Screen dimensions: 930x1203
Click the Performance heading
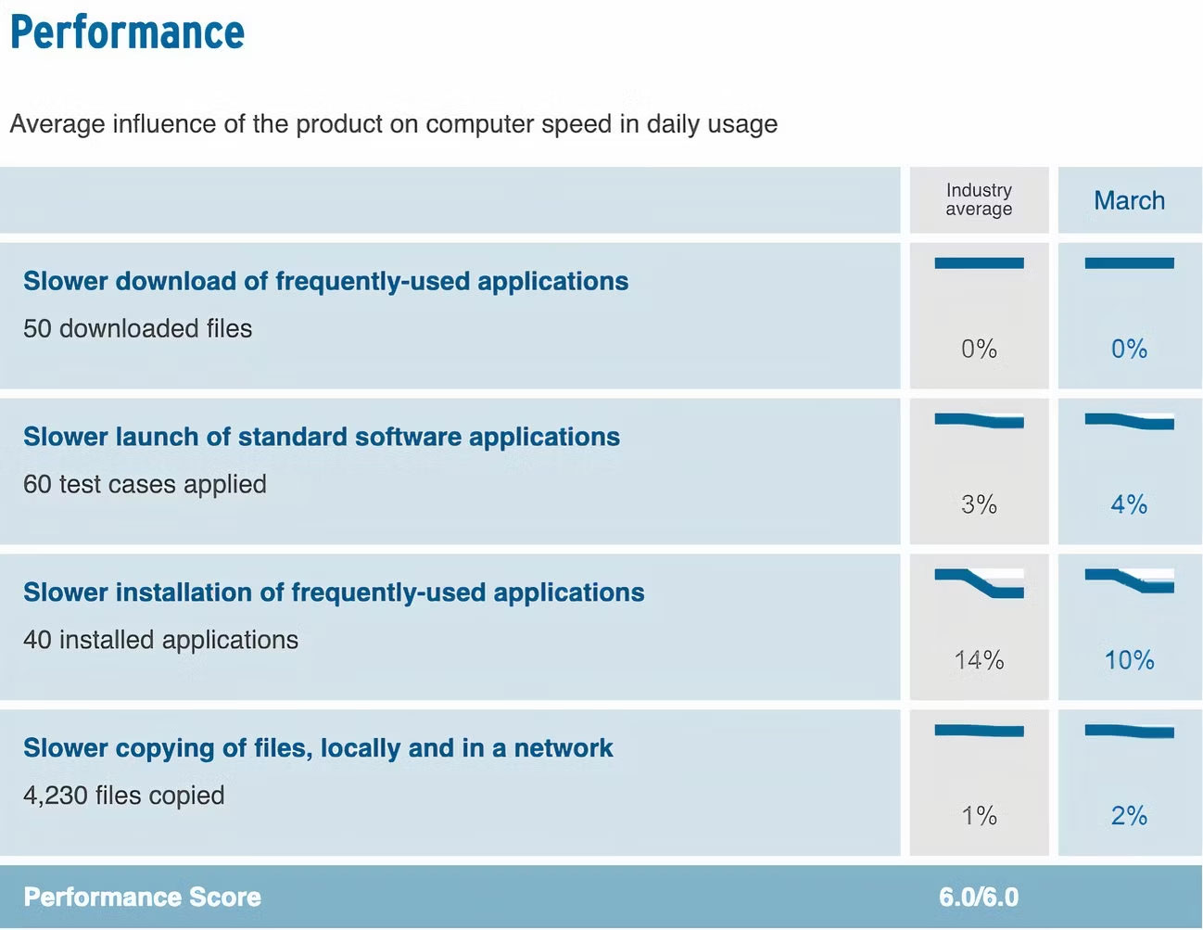point(127,32)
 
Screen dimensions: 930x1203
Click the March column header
point(1129,200)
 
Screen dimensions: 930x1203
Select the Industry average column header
point(979,199)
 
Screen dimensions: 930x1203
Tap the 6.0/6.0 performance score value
point(978,898)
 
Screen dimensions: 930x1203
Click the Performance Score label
point(142,898)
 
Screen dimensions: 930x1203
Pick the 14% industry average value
point(979,660)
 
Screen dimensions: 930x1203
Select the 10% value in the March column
point(1129,660)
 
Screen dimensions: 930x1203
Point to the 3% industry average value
point(979,504)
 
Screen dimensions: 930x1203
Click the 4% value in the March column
point(1129,504)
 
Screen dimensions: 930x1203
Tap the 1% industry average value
point(979,816)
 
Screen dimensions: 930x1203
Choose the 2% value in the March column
point(1129,816)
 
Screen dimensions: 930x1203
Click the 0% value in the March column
point(1129,349)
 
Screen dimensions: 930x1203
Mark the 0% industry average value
point(979,349)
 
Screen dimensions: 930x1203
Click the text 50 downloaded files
point(137,328)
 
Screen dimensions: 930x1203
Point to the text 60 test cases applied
point(145,484)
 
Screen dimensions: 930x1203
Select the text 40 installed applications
point(160,640)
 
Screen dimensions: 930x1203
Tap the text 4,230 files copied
point(123,796)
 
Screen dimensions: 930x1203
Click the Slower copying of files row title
point(318,748)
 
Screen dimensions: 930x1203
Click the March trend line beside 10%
point(1129,581)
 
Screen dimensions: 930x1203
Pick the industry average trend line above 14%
point(979,583)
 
